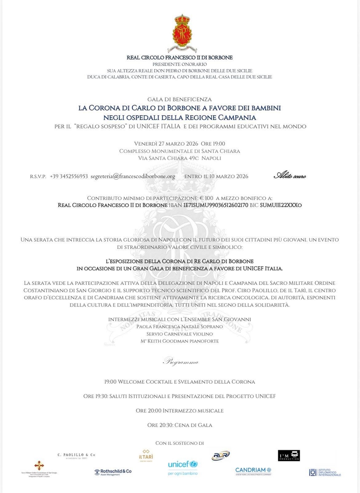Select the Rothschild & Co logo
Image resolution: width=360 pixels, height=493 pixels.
coord(113,472)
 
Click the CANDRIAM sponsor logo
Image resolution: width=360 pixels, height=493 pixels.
coord(253,471)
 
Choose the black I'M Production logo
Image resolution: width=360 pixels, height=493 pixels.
coord(289,455)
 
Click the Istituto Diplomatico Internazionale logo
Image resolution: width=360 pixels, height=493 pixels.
coord(325,472)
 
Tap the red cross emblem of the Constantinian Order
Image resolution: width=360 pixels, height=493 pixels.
coord(39,465)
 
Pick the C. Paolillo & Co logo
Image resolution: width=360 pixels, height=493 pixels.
coord(76,455)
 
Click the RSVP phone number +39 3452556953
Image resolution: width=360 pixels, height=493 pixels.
coord(69,176)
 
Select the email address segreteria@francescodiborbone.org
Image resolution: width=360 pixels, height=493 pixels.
coord(133,176)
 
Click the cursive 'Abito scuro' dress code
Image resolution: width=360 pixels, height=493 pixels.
coord(290,176)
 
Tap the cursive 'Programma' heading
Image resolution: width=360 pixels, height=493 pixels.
coord(180,362)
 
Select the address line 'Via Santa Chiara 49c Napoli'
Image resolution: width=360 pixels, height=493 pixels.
coord(180,158)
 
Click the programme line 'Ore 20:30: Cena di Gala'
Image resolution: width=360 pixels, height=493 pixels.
coord(180,425)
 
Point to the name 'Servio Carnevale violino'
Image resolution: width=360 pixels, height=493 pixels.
coord(180,334)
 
